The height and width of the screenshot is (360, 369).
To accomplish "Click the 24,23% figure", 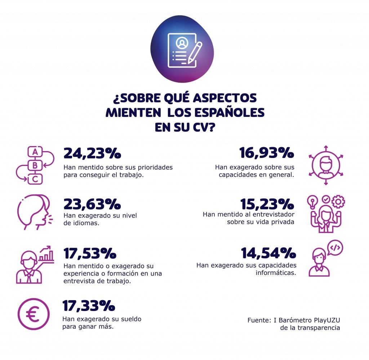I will tap(92, 153).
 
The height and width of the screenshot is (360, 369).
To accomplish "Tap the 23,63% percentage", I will tap(92, 204).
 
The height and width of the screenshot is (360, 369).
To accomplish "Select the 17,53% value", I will tap(90, 254).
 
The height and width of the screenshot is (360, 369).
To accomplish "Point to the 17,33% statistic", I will tap(89, 306).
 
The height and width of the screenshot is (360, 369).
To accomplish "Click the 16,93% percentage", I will tap(267, 153).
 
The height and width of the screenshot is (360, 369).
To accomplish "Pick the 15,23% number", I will tap(267, 204).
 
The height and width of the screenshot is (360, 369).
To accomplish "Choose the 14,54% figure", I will tap(268, 254).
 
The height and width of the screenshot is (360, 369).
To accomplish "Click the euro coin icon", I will tap(33, 314).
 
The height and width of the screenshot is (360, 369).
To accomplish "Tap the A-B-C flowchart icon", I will tap(35, 166).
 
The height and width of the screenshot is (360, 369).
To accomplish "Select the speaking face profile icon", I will tap(35, 212).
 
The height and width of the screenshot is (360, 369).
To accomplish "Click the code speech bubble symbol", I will tap(335, 248).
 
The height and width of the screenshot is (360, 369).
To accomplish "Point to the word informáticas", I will tap(276, 273).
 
